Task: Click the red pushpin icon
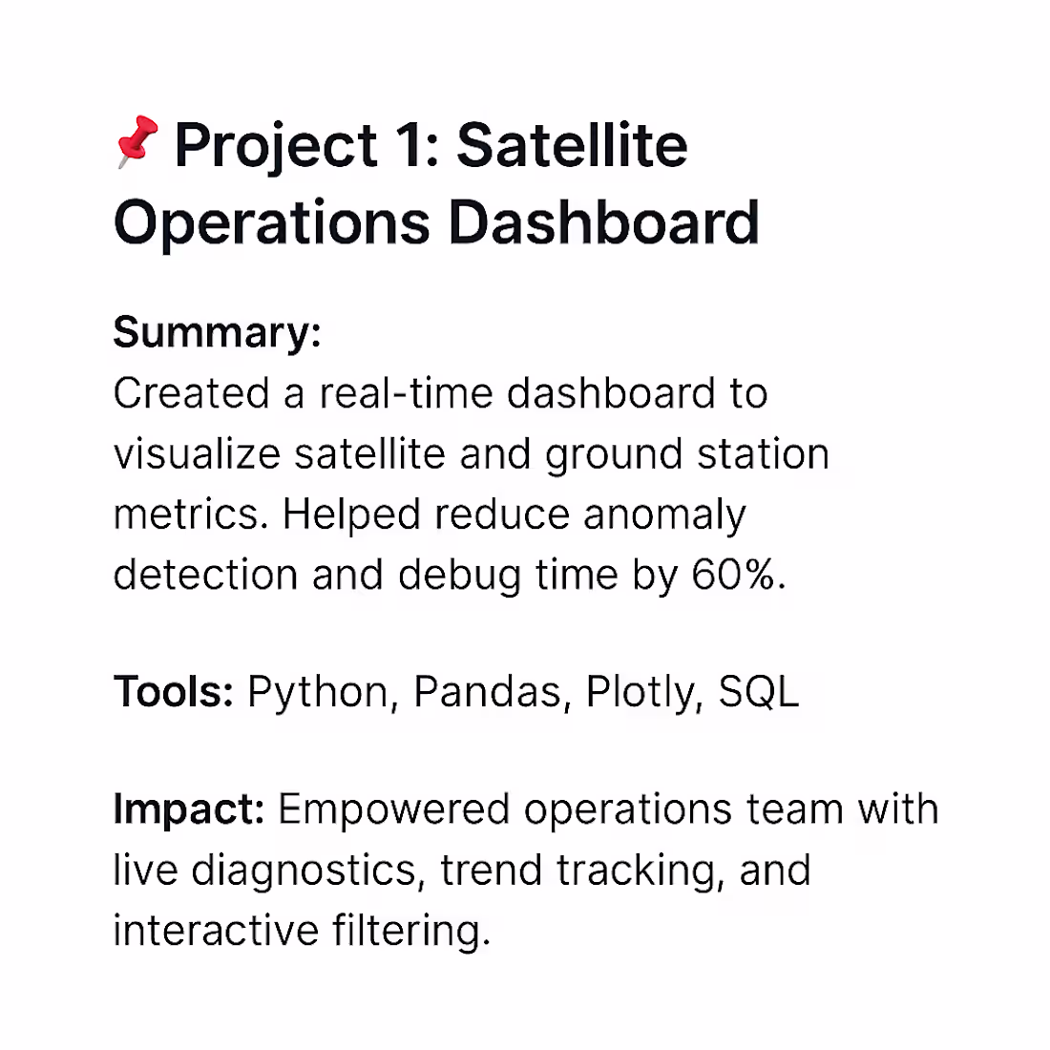pos(135,142)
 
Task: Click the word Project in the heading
pos(275,146)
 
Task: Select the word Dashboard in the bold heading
pos(603,222)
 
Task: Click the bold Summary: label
pos(217,333)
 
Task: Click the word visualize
pos(197,454)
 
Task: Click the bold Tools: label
pos(173,691)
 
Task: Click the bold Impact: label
pos(188,810)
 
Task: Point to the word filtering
pos(411,931)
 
